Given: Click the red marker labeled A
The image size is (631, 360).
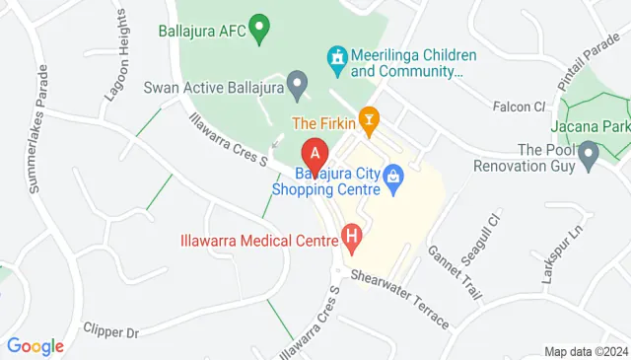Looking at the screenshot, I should click(x=314, y=156).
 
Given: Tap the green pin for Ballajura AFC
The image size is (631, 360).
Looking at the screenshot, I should click(x=260, y=28).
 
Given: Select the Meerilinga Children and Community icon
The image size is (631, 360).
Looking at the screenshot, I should click(x=338, y=60).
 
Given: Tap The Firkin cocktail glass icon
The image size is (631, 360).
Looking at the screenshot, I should click(x=370, y=122).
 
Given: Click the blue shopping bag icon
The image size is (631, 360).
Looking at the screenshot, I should click(x=393, y=178).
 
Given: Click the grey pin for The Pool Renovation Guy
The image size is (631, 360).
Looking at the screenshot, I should click(x=590, y=154).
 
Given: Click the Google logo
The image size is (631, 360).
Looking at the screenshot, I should click(x=35, y=346).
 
